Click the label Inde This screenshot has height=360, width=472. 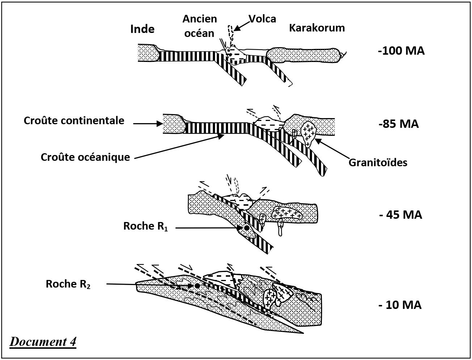pyautogui.click(x=142, y=29)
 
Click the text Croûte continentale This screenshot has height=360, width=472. pyautogui.click(x=74, y=121)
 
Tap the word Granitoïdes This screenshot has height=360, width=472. pyautogui.click(x=378, y=162)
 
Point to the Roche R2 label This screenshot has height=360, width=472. pyautogui.click(x=68, y=284)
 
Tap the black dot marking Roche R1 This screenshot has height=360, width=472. pyautogui.click(x=246, y=228)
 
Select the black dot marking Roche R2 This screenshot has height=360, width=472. pyautogui.click(x=197, y=286)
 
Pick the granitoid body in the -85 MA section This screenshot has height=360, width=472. pyautogui.click(x=308, y=133)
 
